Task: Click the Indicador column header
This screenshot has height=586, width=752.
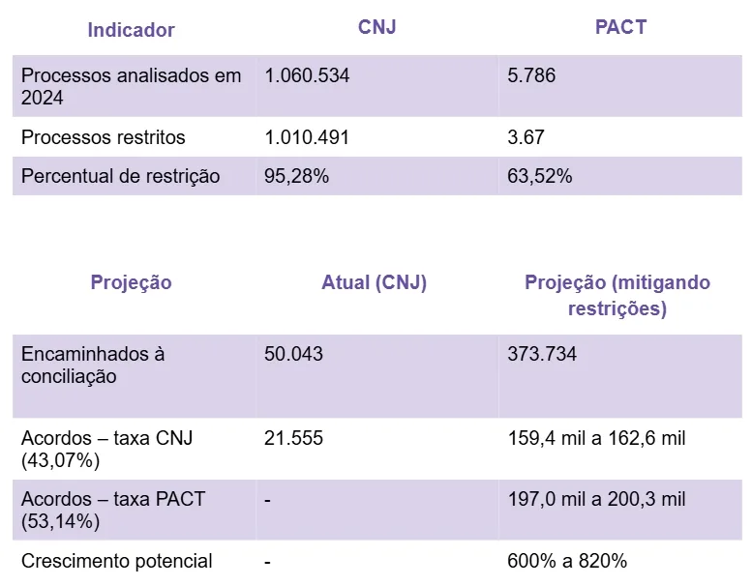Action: point(131,30)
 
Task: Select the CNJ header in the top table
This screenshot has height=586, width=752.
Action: point(376,27)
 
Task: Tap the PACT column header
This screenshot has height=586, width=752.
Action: point(620,27)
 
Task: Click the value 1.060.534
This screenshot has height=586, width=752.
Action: point(307,75)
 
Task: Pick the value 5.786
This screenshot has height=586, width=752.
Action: point(531,75)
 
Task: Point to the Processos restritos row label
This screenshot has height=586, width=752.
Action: point(104,137)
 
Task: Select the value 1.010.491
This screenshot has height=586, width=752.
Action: point(307,137)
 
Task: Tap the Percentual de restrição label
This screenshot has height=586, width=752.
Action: point(121,176)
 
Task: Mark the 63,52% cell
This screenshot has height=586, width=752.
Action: point(539,176)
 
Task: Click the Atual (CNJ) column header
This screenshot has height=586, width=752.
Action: point(374,282)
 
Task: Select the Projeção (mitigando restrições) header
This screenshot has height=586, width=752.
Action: point(617,295)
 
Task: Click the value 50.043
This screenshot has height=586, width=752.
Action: point(293,354)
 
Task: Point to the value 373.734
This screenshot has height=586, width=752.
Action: point(542,354)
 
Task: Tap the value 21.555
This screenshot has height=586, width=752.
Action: point(293,438)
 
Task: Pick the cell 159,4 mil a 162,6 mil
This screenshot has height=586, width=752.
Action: point(596,438)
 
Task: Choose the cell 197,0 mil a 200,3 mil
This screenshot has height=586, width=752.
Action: point(596,500)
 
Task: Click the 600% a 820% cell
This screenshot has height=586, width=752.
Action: point(567,561)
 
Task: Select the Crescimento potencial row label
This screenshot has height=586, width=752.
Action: point(117,561)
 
